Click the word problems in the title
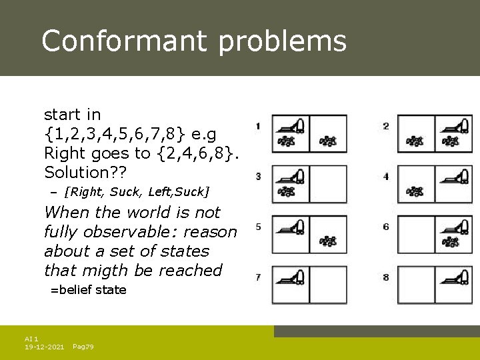click(282, 41)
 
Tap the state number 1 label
click(258, 125)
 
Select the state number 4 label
click(386, 177)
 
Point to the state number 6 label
click(386, 227)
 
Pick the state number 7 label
click(258, 277)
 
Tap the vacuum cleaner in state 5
click(291, 225)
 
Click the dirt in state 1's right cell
click(327, 141)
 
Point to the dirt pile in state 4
click(415, 191)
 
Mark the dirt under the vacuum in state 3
click(287, 191)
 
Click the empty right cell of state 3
click(328, 183)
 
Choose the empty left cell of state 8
click(415, 285)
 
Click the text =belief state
click(89, 289)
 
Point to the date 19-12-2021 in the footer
click(45, 347)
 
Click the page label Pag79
click(83, 347)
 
